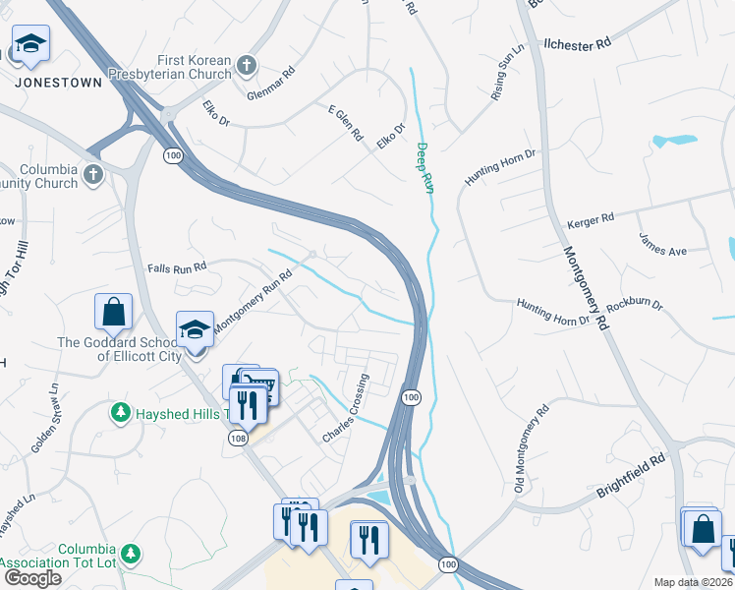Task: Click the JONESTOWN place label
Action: pyautogui.click(x=59, y=83)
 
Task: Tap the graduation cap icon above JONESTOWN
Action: pyautogui.click(x=31, y=44)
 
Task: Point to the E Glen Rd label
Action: pyautogui.click(x=346, y=123)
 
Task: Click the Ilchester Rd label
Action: pyautogui.click(x=578, y=44)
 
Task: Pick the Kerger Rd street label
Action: pyautogui.click(x=590, y=218)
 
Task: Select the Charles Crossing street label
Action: pyautogui.click(x=346, y=407)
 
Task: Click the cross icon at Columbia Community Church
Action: pyautogui.click(x=93, y=174)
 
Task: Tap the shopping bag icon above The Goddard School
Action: pyautogui.click(x=113, y=312)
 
